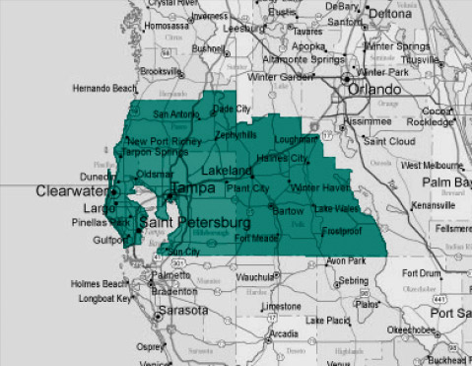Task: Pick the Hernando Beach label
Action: [x=104, y=90]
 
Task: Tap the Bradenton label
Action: [x=176, y=291]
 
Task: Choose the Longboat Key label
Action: [x=98, y=299]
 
